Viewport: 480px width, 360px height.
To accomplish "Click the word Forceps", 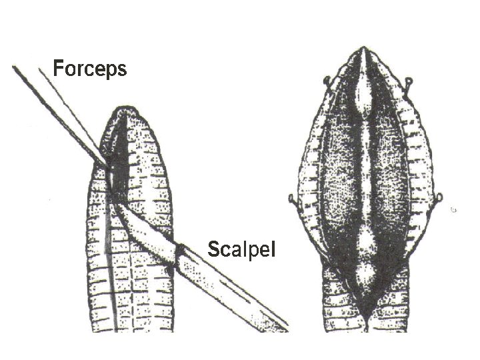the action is click(89, 68).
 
